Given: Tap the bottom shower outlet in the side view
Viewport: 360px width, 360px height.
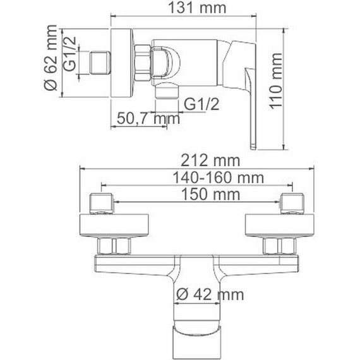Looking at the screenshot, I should tap(165, 90).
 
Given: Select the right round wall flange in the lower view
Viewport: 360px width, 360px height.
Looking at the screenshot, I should tap(279, 225).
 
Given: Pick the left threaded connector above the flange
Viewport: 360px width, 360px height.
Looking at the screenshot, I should tap(102, 203).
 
